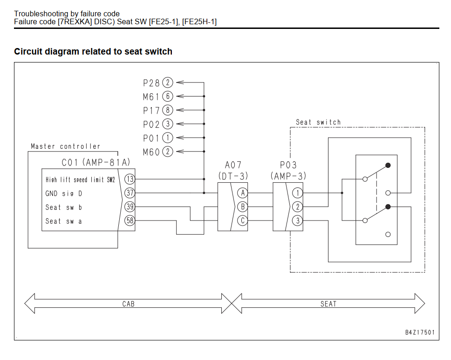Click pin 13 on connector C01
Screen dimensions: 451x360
(x=130, y=179)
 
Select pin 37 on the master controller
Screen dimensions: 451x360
(x=130, y=193)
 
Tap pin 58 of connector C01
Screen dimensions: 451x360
(x=130, y=221)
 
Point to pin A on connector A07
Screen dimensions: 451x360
(x=242, y=193)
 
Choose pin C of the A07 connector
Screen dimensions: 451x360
(x=242, y=221)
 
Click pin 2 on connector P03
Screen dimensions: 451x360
(x=298, y=207)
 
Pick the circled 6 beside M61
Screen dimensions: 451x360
(x=168, y=96)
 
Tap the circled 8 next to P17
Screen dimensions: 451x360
(x=168, y=110)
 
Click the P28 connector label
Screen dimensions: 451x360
(x=151, y=83)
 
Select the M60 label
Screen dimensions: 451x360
(x=151, y=152)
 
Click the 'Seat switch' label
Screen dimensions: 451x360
(x=318, y=122)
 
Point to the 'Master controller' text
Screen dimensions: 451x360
(x=66, y=146)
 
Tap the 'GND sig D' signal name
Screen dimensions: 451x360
(x=63, y=194)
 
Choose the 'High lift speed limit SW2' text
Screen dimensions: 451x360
(x=80, y=180)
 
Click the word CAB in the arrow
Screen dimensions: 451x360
(x=128, y=304)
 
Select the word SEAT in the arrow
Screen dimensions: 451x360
(x=328, y=304)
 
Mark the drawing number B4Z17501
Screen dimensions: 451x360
(x=420, y=332)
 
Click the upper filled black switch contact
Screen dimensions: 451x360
(x=388, y=165)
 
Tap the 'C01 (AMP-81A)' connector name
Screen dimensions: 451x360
(x=96, y=162)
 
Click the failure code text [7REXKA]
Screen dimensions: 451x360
(x=75, y=21)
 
